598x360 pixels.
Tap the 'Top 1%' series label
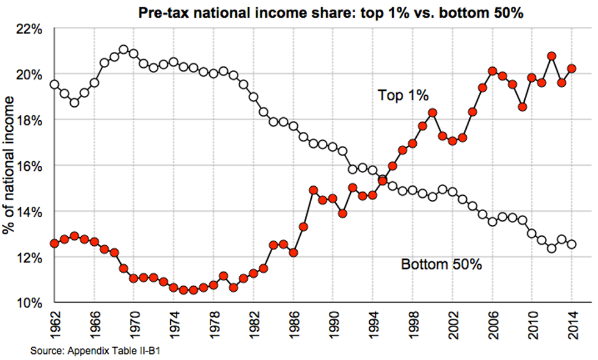(x=403, y=95)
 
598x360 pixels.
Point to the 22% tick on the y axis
(x=29, y=29)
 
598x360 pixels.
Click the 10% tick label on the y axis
(x=29, y=303)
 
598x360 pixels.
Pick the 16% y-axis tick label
(x=29, y=166)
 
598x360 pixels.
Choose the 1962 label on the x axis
(x=54, y=324)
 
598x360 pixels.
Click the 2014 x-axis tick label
(x=572, y=324)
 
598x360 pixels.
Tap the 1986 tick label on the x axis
(x=293, y=324)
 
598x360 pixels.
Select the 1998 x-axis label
(x=412, y=324)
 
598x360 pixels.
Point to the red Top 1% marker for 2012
(x=552, y=56)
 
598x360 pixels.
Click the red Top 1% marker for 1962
(x=54, y=243)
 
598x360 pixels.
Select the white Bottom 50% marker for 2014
(x=572, y=244)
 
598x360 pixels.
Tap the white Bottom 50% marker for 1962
(x=54, y=84)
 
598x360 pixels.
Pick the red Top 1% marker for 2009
(x=522, y=107)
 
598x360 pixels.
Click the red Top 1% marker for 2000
(x=433, y=112)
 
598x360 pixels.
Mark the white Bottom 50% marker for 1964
(x=74, y=103)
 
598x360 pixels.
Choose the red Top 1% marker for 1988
(x=313, y=190)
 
